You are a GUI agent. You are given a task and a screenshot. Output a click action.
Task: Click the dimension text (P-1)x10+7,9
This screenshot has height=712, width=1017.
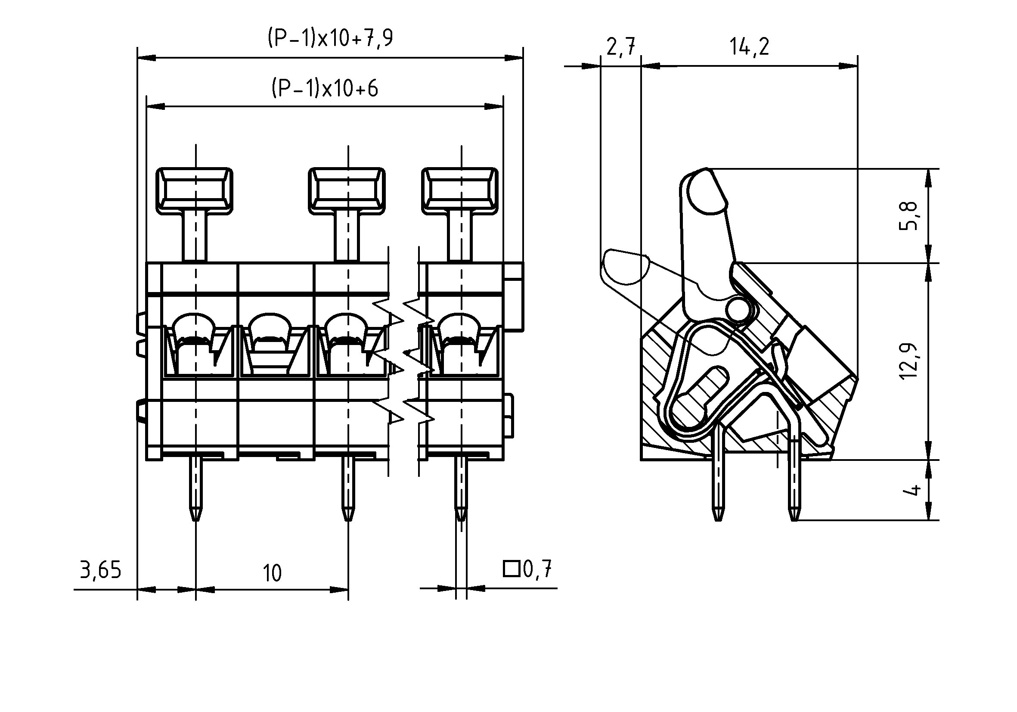pyautogui.click(x=330, y=38)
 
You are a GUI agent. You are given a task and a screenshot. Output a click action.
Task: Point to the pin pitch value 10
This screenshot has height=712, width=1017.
pyautogui.click(x=272, y=573)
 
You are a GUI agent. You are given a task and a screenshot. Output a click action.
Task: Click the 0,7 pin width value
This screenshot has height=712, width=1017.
pyautogui.click(x=537, y=569)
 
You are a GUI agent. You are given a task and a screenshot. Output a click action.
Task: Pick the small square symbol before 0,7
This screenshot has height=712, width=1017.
pyautogui.click(x=512, y=569)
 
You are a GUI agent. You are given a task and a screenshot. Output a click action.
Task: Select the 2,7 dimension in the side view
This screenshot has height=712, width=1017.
pyautogui.click(x=620, y=47)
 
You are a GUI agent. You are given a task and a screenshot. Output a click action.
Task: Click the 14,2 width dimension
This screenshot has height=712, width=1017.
pyautogui.click(x=749, y=47)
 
